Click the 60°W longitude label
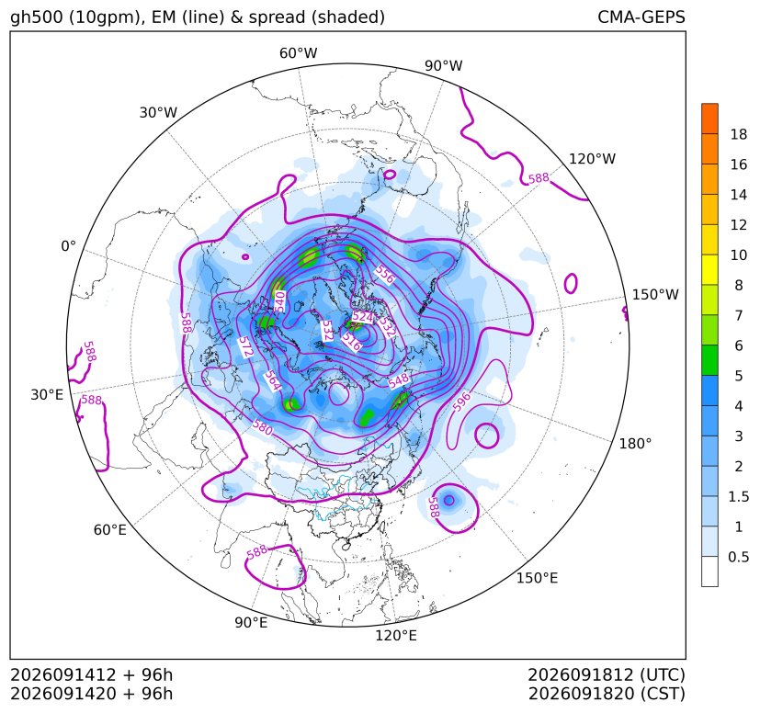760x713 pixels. tap(298, 53)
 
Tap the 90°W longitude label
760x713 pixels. tap(444, 66)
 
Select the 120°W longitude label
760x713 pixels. tap(592, 159)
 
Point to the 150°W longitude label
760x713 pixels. tap(655, 294)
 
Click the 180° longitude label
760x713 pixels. tap(635, 444)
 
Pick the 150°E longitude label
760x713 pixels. tap(537, 578)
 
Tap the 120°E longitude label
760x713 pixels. tap(395, 635)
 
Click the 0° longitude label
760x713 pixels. tap(68, 246)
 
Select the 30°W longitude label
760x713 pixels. tap(158, 112)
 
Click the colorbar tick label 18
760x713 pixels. tap(739, 134)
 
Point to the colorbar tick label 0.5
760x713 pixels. tap(738, 557)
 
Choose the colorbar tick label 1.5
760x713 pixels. tap(738, 496)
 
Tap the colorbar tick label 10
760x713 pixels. tap(739, 255)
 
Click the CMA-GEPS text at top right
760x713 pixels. tap(641, 17)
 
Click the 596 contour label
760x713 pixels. tap(461, 402)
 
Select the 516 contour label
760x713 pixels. tap(351, 342)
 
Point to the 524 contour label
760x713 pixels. tap(363, 317)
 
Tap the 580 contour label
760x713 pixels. tap(263, 426)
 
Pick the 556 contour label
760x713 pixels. tap(385, 276)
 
